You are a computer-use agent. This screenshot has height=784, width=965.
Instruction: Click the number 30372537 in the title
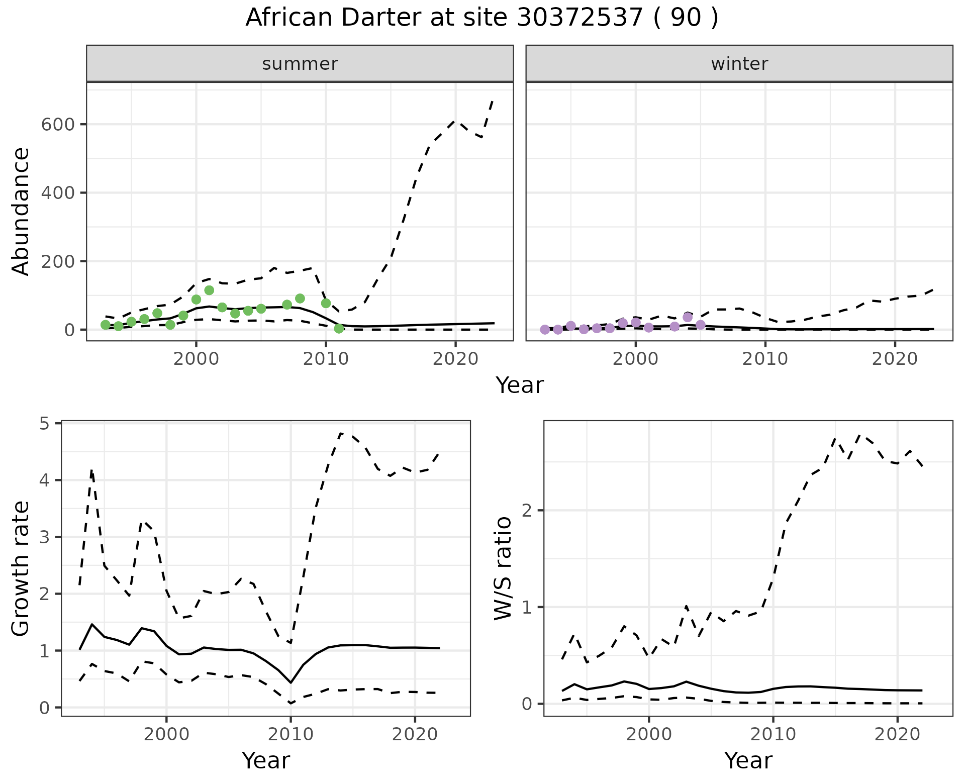pos(580,18)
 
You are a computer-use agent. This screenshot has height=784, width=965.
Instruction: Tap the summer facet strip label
pos(300,64)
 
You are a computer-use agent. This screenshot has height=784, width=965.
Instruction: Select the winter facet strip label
pos(739,64)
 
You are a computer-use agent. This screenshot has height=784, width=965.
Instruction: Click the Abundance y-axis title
pos(21,212)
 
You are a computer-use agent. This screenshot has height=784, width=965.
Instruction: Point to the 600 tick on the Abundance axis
pos(57,124)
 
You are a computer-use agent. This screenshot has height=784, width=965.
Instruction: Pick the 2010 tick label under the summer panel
pos(326,359)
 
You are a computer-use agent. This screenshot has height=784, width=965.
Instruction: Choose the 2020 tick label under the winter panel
pos(895,359)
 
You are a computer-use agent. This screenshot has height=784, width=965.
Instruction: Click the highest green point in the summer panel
pos(209,290)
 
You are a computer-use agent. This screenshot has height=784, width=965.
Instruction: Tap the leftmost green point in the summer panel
pos(105,325)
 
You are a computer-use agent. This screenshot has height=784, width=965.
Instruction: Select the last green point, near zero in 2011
pos(339,329)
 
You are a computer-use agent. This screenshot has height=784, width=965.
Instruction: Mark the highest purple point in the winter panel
pos(688,317)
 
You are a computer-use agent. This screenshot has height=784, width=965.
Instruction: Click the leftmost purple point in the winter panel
pos(544,330)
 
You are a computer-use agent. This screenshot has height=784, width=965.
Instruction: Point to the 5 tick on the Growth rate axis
pos(51,424)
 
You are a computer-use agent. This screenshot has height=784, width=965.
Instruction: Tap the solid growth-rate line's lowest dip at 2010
pos(291,682)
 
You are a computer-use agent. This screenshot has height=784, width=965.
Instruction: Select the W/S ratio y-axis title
pos(503,568)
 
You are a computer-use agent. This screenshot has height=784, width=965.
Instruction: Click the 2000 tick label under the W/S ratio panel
pos(649,734)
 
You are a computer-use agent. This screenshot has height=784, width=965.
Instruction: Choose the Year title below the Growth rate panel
pos(266,760)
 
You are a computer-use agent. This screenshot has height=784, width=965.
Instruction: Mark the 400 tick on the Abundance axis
pos(57,193)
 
